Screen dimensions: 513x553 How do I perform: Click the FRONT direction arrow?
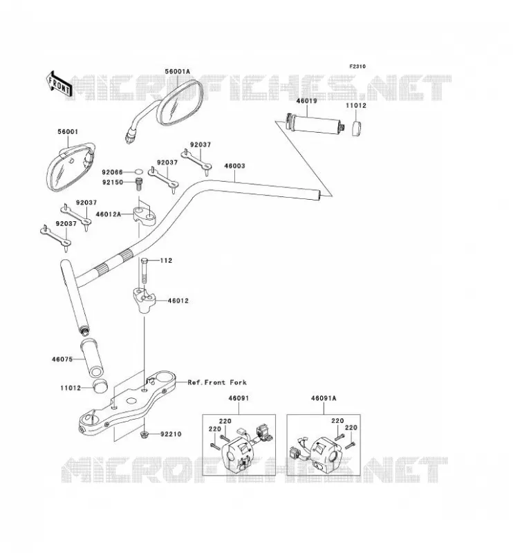[x=59, y=84]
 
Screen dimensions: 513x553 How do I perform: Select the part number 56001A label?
[x=177, y=72]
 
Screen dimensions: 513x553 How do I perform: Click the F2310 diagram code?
[x=357, y=66]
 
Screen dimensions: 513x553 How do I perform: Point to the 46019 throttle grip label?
[x=306, y=101]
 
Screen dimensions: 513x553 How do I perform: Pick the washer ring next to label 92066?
[x=139, y=172]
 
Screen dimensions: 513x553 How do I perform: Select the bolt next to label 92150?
[x=139, y=183]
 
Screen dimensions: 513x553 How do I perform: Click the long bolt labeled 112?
[x=144, y=270]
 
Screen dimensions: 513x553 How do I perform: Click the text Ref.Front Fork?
[x=217, y=382]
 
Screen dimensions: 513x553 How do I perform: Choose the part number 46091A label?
[x=324, y=398]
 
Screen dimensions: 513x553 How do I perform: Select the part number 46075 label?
[x=62, y=359]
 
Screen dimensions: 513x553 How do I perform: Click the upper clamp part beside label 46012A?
[x=144, y=216]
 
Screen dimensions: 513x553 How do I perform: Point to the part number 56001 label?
[x=68, y=132]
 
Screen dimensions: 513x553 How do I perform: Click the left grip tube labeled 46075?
[x=92, y=357]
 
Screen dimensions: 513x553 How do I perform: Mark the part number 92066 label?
[x=112, y=172]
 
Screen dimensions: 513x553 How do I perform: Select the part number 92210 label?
[x=171, y=434]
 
